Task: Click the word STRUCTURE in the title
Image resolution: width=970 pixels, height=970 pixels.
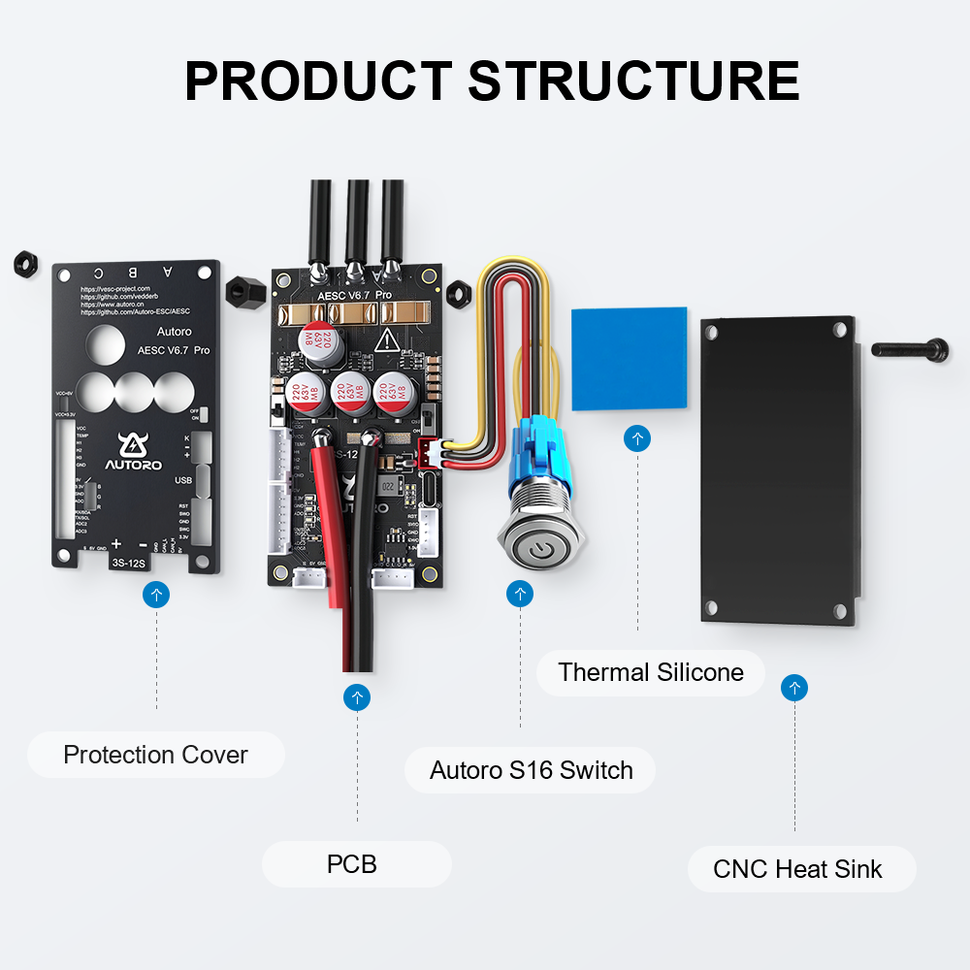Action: (x=634, y=81)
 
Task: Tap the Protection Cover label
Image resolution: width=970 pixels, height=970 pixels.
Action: (x=155, y=755)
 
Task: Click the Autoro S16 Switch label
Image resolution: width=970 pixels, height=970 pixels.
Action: (x=531, y=770)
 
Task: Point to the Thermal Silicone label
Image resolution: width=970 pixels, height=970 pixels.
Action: (x=651, y=672)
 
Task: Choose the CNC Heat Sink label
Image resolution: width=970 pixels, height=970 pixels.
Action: (x=797, y=868)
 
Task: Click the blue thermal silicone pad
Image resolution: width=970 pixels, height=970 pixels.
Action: (x=630, y=358)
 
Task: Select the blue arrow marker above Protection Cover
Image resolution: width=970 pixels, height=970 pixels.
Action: (x=156, y=595)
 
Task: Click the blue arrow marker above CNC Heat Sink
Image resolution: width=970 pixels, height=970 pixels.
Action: (x=794, y=689)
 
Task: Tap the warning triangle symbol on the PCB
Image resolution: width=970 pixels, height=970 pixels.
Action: (x=388, y=340)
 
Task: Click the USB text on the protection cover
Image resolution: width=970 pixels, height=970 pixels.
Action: (x=182, y=480)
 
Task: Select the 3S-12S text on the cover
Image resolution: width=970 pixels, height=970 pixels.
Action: (x=129, y=562)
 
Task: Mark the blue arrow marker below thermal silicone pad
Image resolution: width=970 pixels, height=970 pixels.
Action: (x=637, y=438)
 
